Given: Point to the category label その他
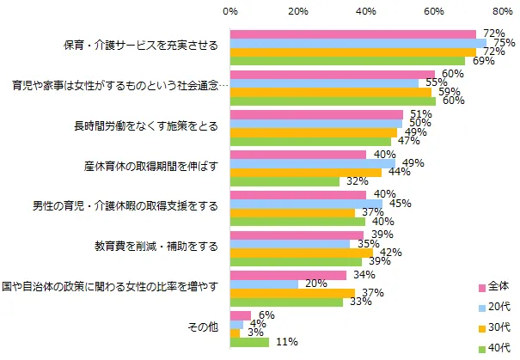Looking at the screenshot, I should coord(202,327).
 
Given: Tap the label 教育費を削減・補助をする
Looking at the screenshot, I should coord(156,246).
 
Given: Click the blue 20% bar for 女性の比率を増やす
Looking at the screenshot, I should coord(264,284).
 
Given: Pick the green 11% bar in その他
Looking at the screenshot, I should coord(249,342).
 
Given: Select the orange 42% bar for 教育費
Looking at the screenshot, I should coord(302,253).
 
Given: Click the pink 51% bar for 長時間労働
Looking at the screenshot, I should coord(316,114).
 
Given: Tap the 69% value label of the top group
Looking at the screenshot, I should coord(479,62).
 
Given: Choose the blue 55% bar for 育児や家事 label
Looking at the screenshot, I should coord(324,83).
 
